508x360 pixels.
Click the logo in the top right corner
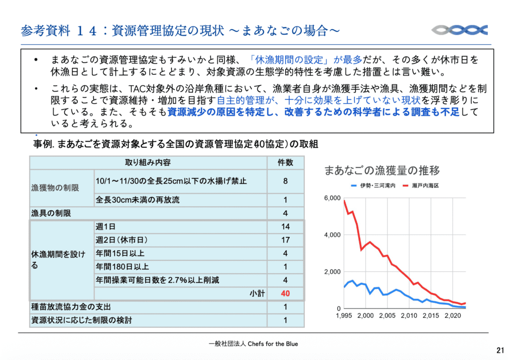coord(460,30)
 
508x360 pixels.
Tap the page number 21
coord(500,350)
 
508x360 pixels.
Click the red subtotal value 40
coord(285,294)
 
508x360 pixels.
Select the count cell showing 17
coord(285,240)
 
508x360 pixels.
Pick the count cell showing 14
coord(285,227)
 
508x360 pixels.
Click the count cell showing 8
coord(285,181)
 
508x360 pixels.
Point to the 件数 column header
coord(285,163)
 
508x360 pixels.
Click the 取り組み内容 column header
coord(148,163)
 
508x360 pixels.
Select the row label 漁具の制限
coord(51,213)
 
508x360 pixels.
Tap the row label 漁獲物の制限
coord(55,188)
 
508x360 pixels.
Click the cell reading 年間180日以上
coord(122,267)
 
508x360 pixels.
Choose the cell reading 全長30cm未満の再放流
coord(137,200)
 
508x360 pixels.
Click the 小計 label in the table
coord(257,294)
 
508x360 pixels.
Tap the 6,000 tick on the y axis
coord(332,198)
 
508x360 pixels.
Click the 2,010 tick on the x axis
coord(409,316)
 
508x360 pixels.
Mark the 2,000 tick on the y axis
coord(332,272)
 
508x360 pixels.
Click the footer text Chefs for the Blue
coord(273,344)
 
